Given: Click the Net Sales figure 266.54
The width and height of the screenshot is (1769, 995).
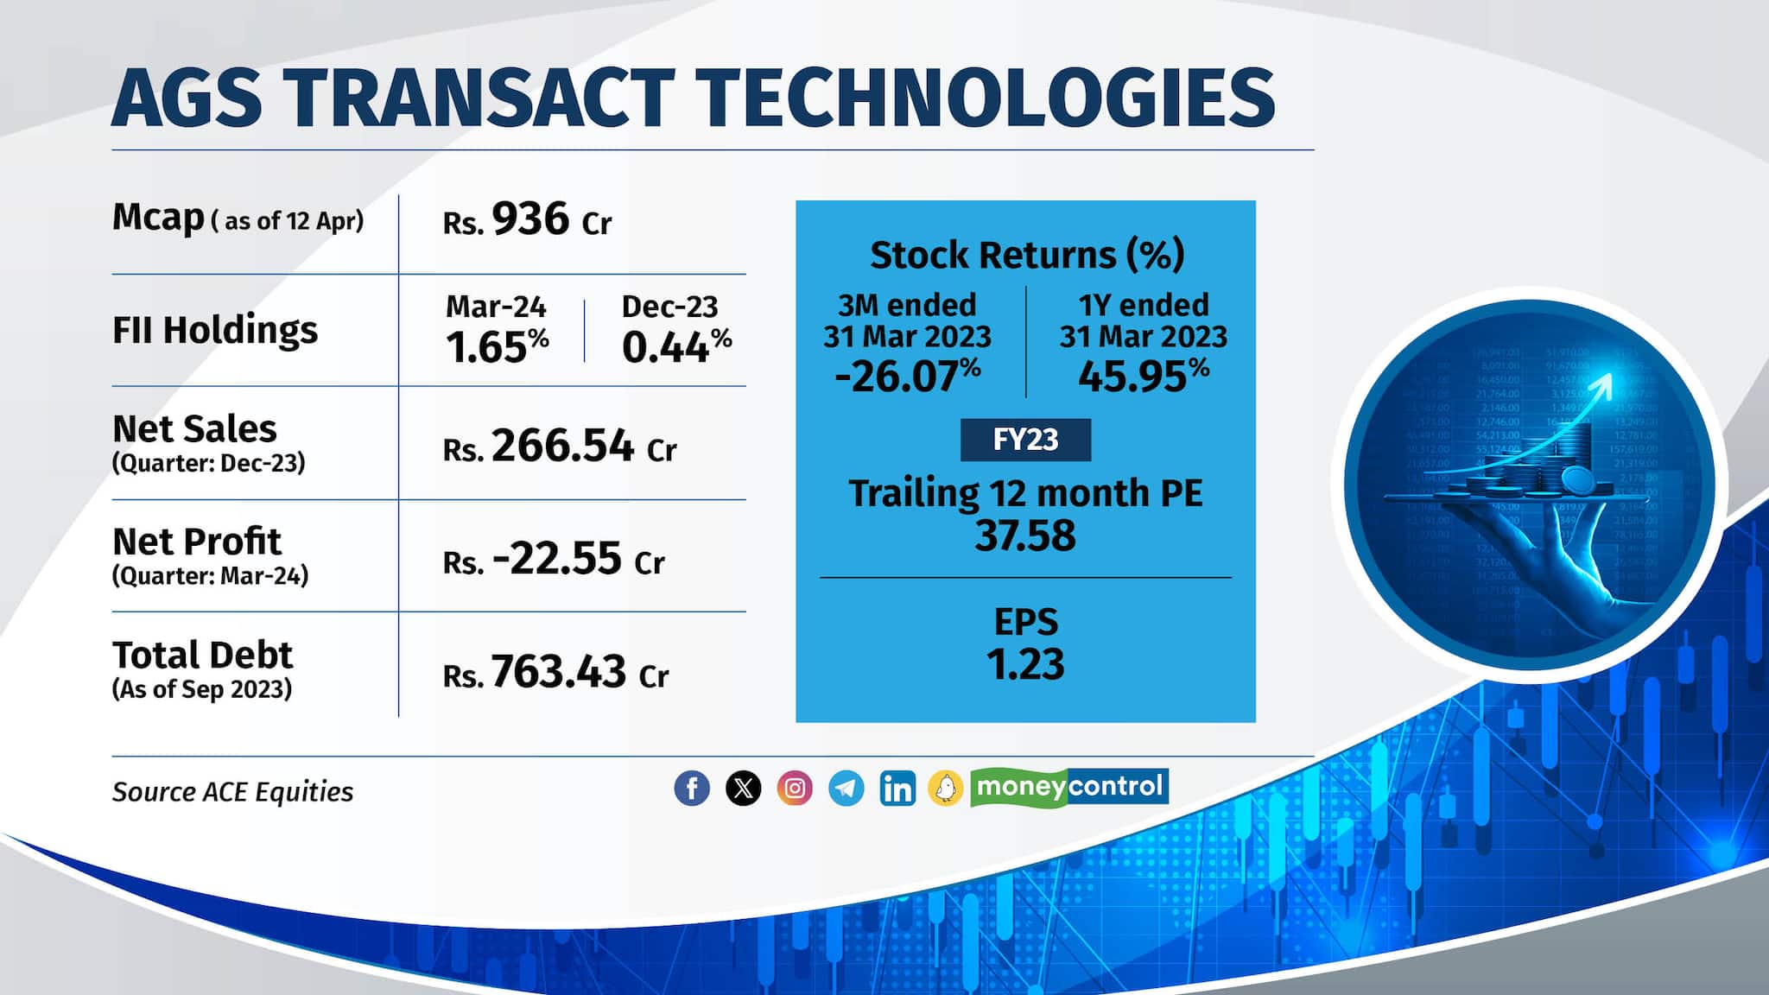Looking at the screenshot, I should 562,446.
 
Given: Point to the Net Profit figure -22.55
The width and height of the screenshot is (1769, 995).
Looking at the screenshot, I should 556,558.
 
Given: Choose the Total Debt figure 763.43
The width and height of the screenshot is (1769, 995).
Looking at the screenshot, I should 558,672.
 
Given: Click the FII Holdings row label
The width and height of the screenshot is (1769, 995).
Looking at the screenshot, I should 215,330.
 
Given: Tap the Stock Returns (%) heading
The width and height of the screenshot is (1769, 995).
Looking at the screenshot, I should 1026,255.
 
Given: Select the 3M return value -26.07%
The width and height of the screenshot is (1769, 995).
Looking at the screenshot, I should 907,377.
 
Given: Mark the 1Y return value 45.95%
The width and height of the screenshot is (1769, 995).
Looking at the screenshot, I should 1143,377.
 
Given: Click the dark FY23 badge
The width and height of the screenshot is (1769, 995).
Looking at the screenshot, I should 1025,440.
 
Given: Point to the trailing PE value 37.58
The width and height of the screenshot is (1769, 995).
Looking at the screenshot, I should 1025,536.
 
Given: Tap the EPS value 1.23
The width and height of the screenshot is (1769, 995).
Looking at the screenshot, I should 1025,664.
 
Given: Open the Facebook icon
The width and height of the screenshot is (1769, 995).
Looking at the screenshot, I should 692,788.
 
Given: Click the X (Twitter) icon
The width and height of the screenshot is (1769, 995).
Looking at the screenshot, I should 743,788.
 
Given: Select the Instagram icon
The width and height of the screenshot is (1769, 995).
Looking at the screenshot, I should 795,788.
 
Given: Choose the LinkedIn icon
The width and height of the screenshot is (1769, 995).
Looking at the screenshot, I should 897,788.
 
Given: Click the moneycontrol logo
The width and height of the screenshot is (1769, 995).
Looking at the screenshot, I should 1069,787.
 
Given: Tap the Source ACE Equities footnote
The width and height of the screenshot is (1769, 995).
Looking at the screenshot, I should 232,792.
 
